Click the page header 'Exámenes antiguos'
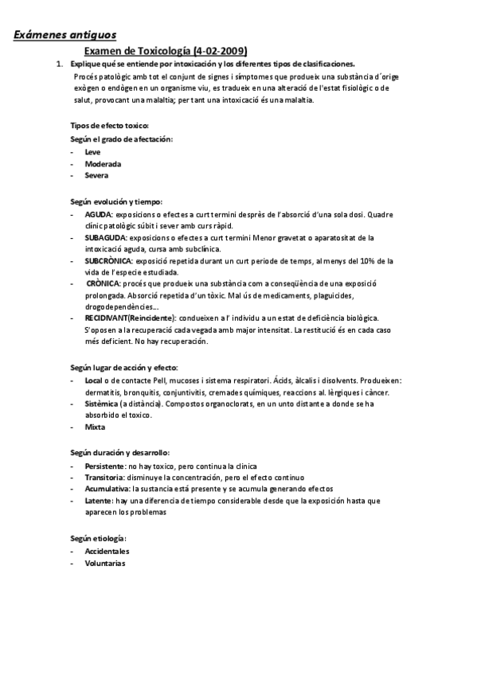pyautogui.click(x=65, y=35)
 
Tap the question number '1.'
pyautogui.click(x=58, y=64)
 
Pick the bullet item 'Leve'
pyautogui.click(x=92, y=151)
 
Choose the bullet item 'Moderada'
pyautogui.click(x=102, y=163)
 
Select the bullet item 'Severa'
pyautogui.click(x=96, y=175)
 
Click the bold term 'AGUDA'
pyautogui.click(x=98, y=215)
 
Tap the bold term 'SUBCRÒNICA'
pyautogui.click(x=109, y=260)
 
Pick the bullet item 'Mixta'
pyautogui.click(x=95, y=427)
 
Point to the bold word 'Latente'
pyautogui.click(x=98, y=501)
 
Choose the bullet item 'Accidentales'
pyautogui.click(x=108, y=551)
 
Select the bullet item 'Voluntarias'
pyautogui.click(x=104, y=563)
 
